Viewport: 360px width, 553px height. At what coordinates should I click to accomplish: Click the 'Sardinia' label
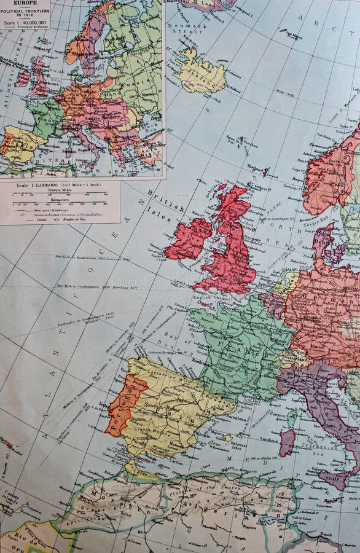point(269,440)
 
